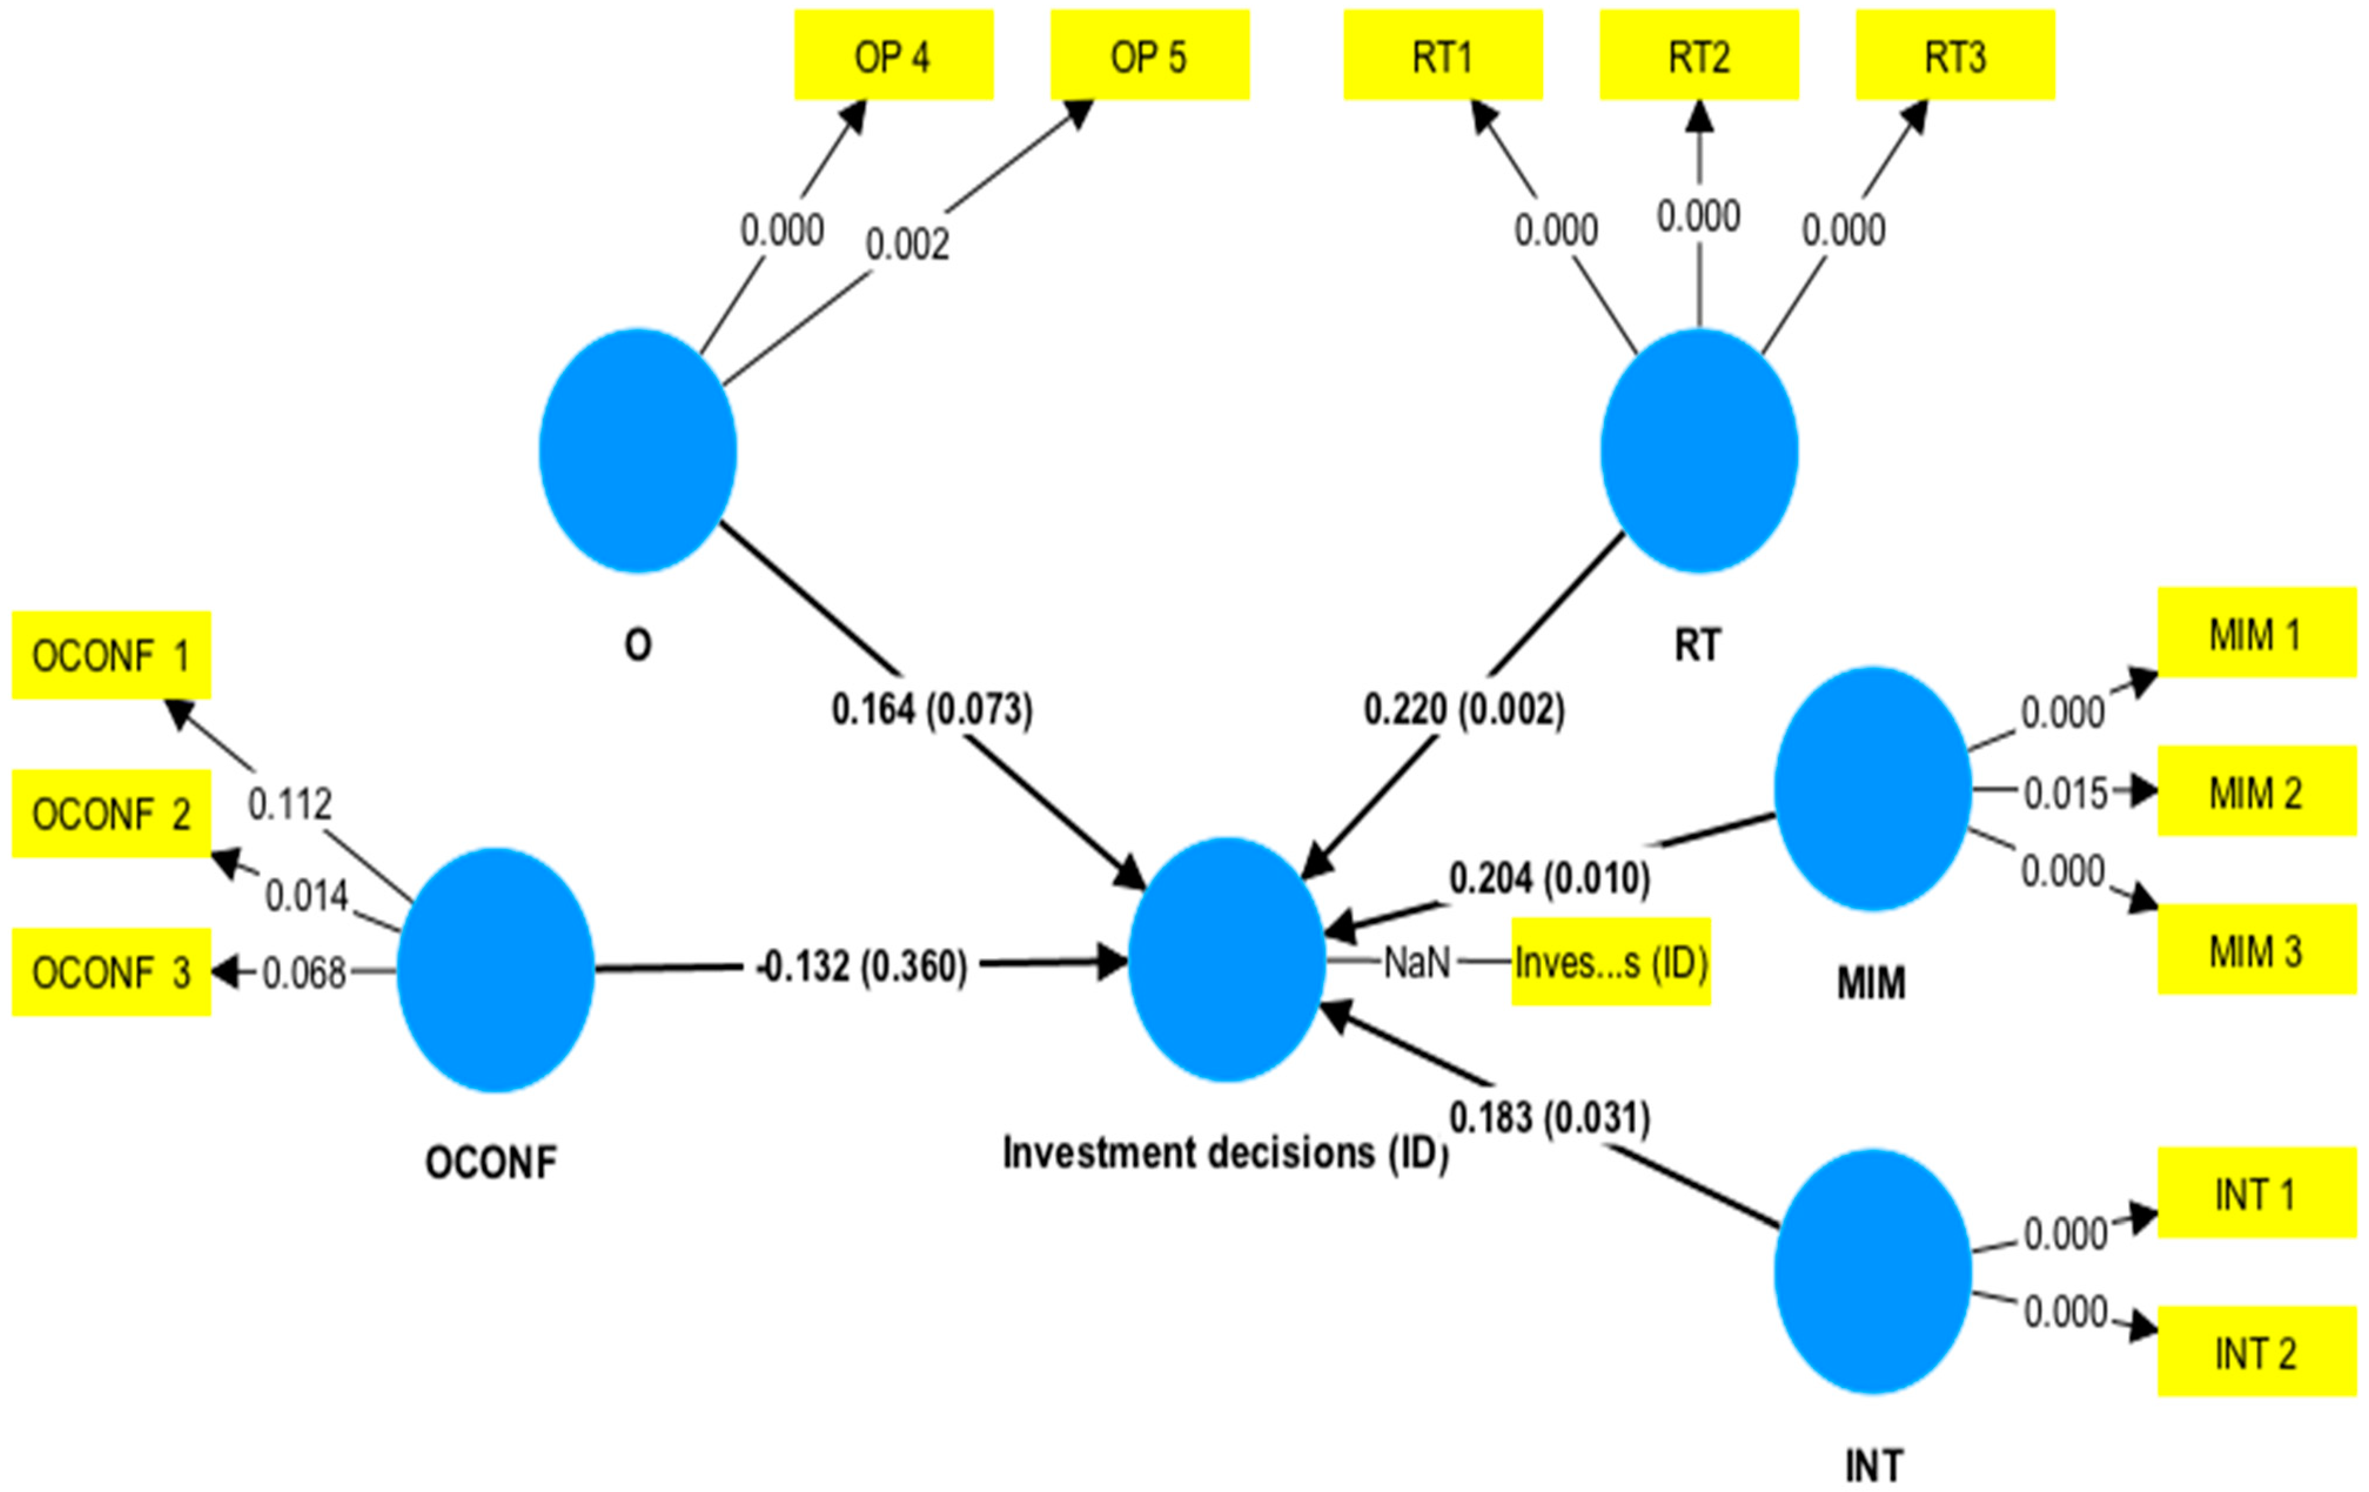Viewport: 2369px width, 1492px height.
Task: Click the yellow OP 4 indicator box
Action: coord(893,55)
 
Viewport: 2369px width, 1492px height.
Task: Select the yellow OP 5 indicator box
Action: coord(1149,55)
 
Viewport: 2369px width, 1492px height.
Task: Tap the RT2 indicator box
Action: coord(1699,55)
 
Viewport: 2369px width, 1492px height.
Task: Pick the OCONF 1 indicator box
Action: coord(111,655)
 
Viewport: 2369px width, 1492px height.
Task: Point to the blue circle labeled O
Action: coord(637,451)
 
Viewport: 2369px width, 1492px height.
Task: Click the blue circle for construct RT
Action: coord(1699,451)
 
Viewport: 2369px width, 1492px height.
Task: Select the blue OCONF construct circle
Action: coord(496,970)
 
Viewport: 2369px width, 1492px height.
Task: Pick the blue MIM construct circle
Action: coord(1872,789)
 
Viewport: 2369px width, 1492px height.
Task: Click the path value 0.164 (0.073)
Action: coord(932,709)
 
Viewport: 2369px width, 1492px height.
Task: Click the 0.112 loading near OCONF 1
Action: coord(289,804)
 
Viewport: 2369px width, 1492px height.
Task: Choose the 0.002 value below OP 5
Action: coord(907,244)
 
